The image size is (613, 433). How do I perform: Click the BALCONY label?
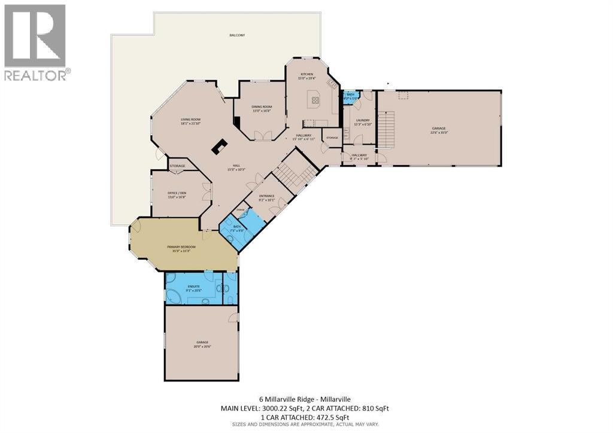pos(237,35)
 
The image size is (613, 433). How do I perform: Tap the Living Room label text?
pos(190,121)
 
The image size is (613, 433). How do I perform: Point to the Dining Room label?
pos(262,109)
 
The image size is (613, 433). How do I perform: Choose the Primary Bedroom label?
pos(181,248)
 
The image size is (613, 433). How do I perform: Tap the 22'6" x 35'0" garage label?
pos(439,130)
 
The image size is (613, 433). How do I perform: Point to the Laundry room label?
pos(362,122)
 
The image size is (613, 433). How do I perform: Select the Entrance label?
pos(266,197)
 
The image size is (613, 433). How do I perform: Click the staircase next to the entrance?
pos(295,170)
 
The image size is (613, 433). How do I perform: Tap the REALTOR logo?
pos(35,42)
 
